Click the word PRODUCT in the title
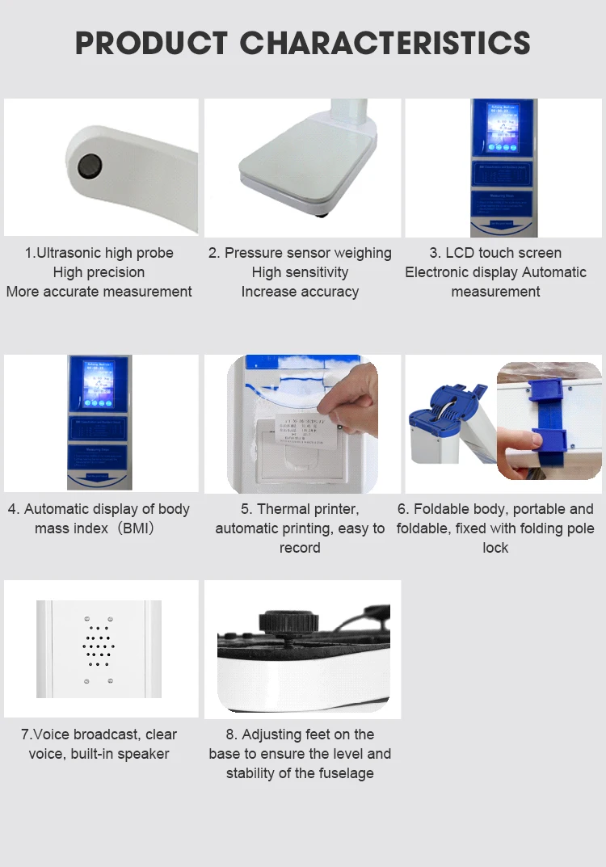click(x=151, y=42)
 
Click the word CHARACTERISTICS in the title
click(x=385, y=42)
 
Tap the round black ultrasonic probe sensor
click(x=90, y=166)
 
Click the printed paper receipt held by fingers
click(x=305, y=427)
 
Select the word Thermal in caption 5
click(x=284, y=509)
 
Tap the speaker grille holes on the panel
click(x=98, y=646)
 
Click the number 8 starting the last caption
click(x=230, y=734)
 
